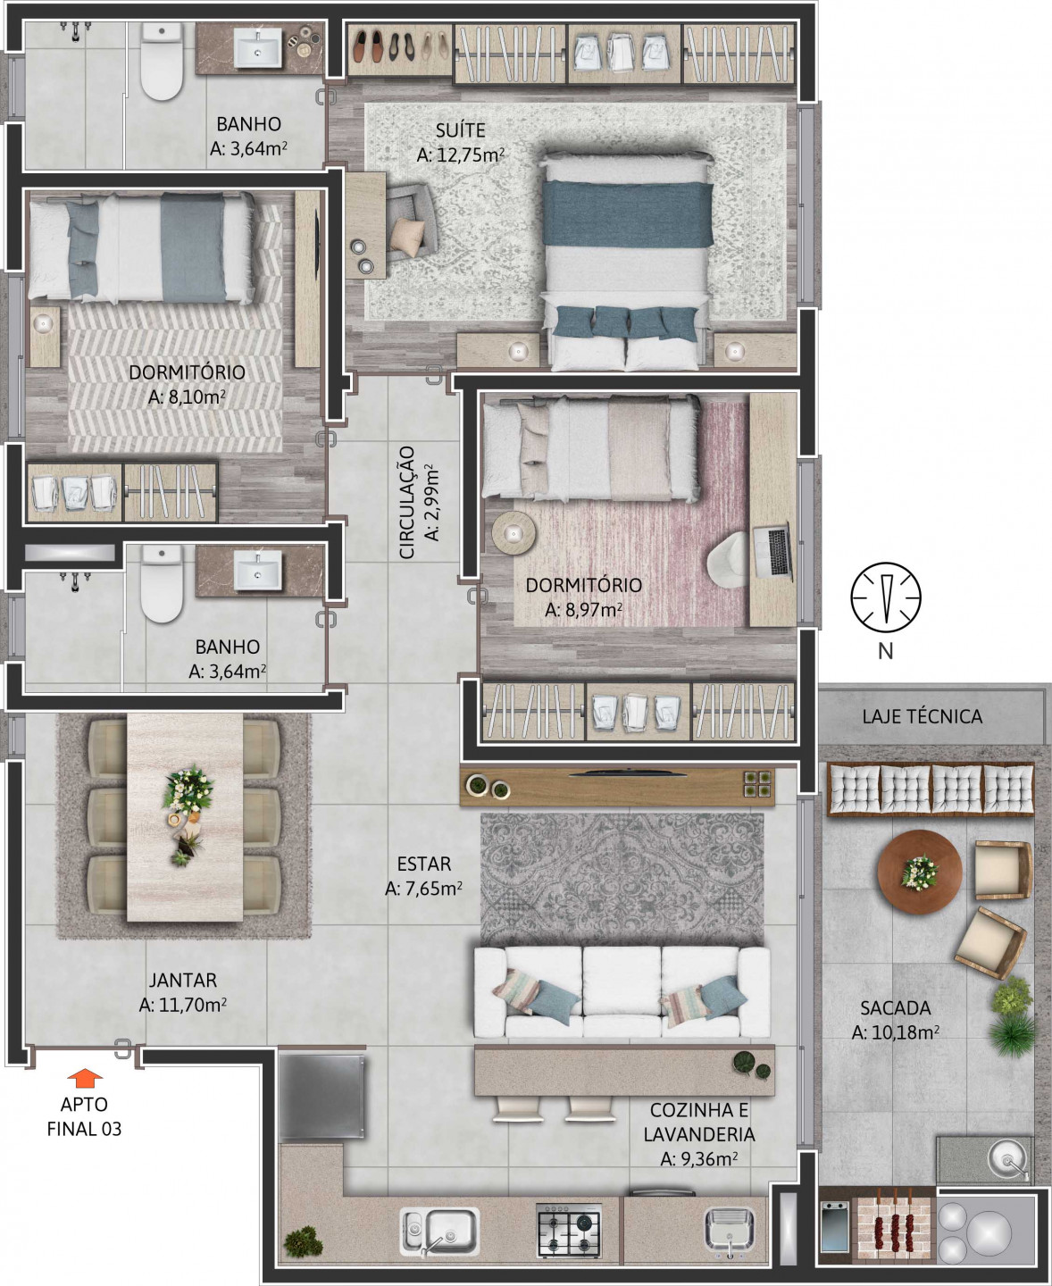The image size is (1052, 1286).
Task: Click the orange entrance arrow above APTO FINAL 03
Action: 85,1077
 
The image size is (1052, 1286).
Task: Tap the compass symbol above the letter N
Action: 886,597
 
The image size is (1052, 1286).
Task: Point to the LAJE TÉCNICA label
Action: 923,716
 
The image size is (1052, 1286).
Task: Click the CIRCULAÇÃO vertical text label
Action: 406,503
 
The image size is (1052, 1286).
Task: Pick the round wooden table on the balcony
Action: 920,872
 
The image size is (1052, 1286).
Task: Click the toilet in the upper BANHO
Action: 162,63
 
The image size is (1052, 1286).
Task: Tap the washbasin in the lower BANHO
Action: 259,570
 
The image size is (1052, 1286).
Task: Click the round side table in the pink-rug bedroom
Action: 514,533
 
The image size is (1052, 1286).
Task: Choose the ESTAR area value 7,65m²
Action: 423,889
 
